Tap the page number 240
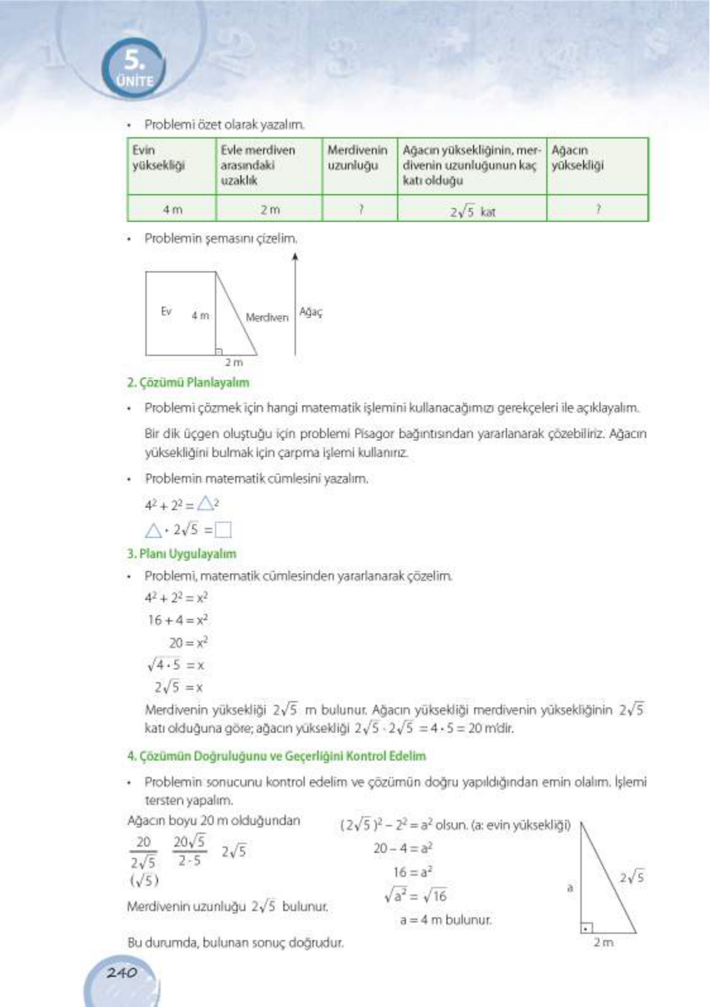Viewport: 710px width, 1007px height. coord(121,973)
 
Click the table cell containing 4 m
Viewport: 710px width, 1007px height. coord(172,210)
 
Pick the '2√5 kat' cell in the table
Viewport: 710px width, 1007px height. coord(472,212)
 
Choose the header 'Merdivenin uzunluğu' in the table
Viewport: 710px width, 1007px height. coord(357,158)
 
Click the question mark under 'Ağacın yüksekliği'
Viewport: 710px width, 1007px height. coord(597,209)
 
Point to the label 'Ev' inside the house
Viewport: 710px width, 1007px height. coord(166,311)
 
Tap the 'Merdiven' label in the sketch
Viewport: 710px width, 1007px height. coord(267,317)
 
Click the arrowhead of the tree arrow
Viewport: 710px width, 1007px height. coord(295,256)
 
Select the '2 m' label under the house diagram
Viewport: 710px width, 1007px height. coord(234,363)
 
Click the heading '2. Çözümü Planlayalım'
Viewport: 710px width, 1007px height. coord(188,383)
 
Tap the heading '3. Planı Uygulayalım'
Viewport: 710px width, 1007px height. coord(181,554)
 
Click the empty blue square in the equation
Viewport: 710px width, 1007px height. coord(223,529)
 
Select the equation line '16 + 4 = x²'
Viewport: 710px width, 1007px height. coord(178,620)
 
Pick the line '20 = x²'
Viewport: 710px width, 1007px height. coord(188,643)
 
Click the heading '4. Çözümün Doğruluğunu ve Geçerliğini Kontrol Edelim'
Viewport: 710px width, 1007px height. coord(276,756)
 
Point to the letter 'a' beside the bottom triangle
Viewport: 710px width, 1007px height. coord(570,888)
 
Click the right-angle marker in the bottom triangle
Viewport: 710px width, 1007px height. coord(587,929)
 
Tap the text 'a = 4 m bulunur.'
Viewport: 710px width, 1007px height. coord(445,920)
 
